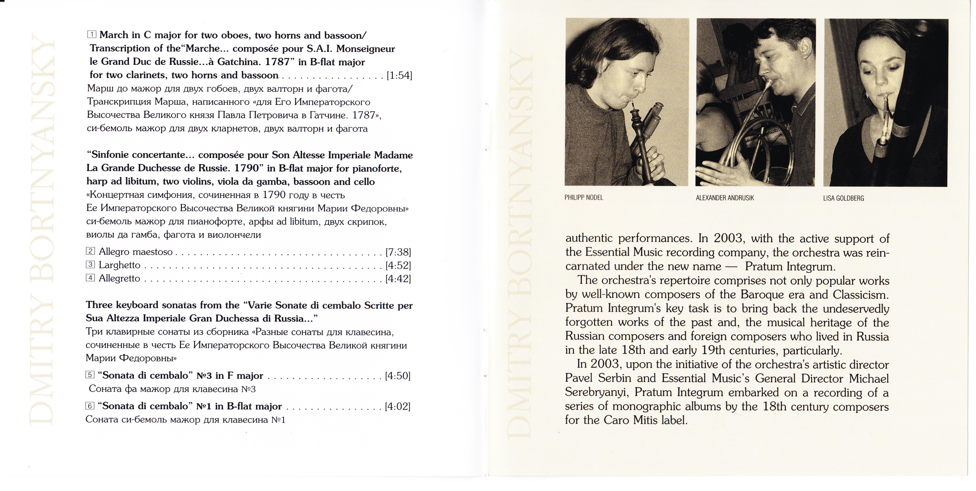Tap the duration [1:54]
pyautogui.click(x=399, y=75)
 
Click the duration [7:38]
pyautogui.click(x=398, y=252)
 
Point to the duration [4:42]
pyautogui.click(x=398, y=279)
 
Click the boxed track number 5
pyautogui.click(x=90, y=375)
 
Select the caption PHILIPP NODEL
pyautogui.click(x=584, y=198)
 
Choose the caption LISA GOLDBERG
pyautogui.click(x=843, y=198)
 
